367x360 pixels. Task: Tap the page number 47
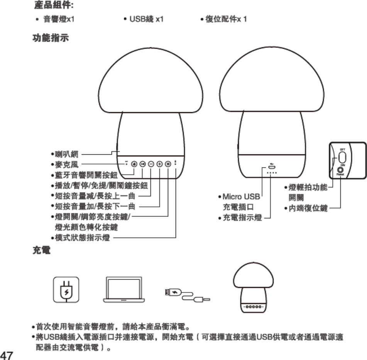(8, 354)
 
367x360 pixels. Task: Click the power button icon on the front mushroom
(134, 164)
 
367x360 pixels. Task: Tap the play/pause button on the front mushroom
(142, 164)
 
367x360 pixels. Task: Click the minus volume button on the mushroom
(151, 164)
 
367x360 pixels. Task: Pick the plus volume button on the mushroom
(159, 164)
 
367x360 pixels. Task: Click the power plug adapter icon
(66, 290)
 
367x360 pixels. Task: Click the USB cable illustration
(187, 294)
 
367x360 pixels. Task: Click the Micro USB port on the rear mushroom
(271, 167)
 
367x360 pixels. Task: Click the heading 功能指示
(50, 39)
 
